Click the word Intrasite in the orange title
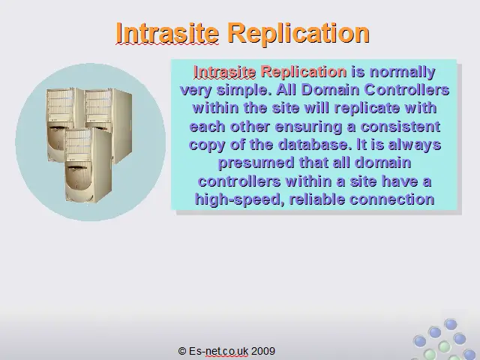[167, 33]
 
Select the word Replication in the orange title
[298, 34]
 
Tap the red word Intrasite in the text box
[225, 72]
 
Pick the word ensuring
[308, 127]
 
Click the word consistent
[400, 127]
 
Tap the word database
[315, 145]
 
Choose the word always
[415, 145]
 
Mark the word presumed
[256, 163]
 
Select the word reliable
[316, 199]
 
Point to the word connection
[392, 199]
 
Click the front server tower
[88, 165]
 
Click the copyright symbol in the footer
[182, 351]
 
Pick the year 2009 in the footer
[263, 351]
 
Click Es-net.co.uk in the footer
[218, 351]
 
